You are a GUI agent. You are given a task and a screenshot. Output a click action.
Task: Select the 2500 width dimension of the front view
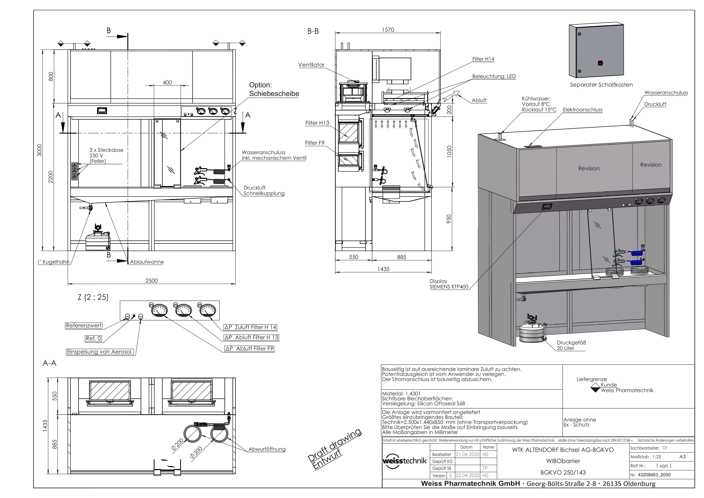click(x=151, y=281)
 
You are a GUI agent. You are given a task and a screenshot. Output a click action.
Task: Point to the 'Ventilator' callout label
click(x=311, y=65)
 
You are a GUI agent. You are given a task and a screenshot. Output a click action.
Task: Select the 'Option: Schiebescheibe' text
click(x=274, y=90)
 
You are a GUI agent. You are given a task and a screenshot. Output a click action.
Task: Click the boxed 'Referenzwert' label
click(x=84, y=326)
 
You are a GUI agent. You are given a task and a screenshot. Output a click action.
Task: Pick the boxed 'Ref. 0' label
click(x=93, y=339)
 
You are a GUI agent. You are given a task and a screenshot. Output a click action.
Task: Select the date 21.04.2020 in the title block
click(x=467, y=454)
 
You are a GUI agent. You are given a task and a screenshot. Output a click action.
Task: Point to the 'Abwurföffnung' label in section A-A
click(x=267, y=449)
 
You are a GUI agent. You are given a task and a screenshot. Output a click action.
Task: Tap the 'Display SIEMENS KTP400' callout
click(x=449, y=284)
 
